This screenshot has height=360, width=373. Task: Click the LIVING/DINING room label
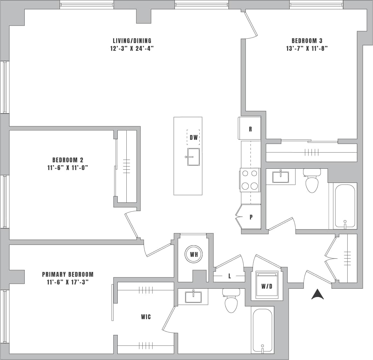132,41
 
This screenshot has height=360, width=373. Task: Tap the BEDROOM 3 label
307,41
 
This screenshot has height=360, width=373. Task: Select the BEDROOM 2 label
68,160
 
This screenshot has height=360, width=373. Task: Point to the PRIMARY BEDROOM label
68,274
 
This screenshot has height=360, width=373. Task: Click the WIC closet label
146,317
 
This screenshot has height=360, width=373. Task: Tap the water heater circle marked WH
194,255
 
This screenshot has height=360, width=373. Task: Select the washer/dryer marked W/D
267,285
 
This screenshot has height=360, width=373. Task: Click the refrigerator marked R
250,129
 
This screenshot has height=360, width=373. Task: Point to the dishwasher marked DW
193,137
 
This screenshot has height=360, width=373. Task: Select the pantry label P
251,217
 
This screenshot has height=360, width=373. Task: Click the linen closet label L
230,276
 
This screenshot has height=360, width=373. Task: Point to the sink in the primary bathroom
193,297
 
